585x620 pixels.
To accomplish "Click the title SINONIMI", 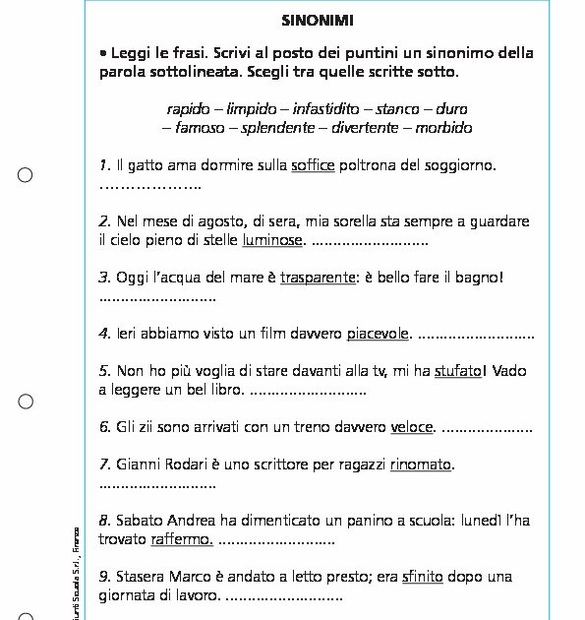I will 318,20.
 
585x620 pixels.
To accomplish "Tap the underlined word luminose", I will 272,239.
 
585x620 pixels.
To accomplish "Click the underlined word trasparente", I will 318,278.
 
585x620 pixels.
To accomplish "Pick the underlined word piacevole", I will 378,334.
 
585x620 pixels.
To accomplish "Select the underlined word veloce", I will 412,427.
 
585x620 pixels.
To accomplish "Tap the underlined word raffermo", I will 182,539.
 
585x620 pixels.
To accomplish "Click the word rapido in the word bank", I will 189,108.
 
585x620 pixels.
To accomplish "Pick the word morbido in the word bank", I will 443,128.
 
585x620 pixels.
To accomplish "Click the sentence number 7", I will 105,464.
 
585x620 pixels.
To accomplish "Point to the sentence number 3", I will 105,278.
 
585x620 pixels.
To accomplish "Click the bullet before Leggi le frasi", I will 103,53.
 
